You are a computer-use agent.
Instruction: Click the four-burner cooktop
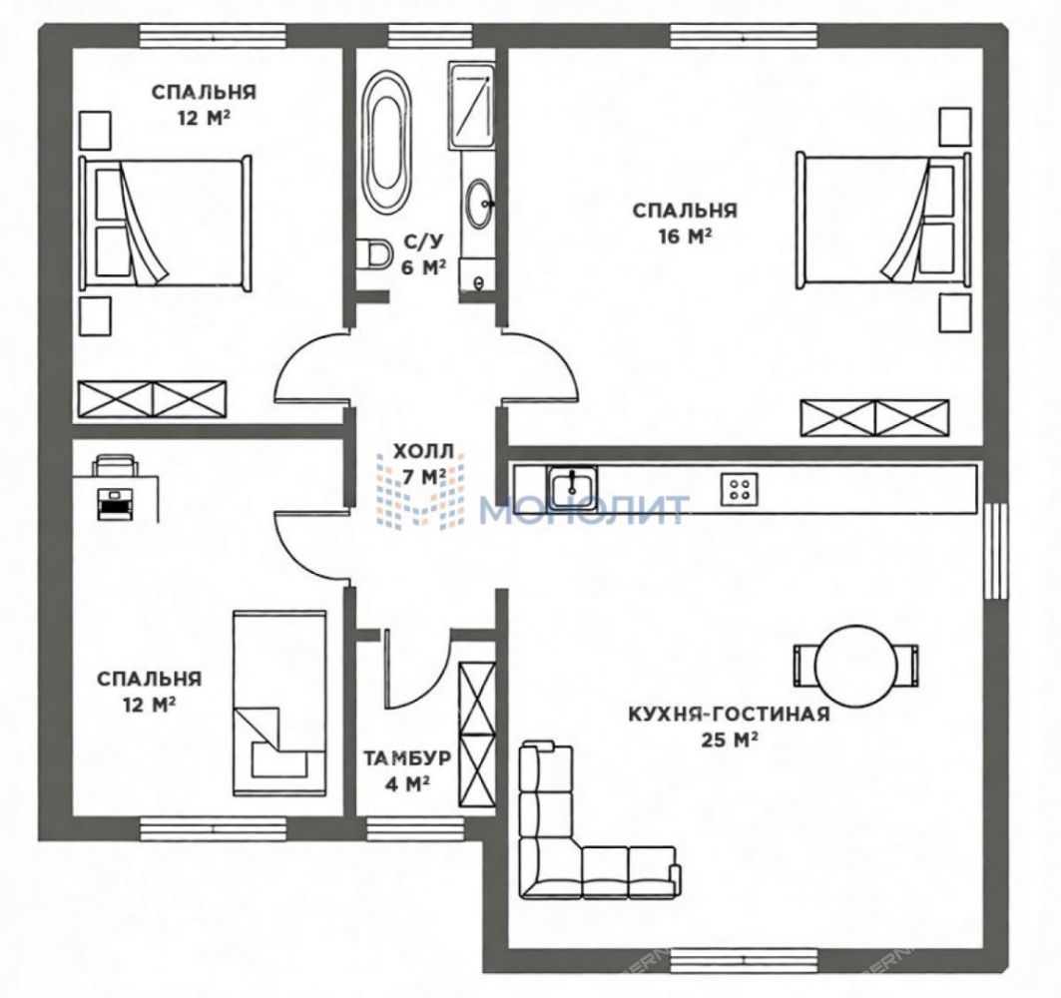tap(740, 488)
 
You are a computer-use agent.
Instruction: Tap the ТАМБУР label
tap(406, 757)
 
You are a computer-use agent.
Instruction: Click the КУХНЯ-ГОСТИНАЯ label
tap(729, 714)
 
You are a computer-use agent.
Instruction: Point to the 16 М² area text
tap(684, 237)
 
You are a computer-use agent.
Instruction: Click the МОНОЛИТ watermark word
tap(585, 510)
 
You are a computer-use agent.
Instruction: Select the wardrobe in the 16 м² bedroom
tap(875, 418)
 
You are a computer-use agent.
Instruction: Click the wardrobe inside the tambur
tap(476, 734)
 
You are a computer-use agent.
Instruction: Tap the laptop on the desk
tap(115, 503)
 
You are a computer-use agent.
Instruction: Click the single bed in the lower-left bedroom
tap(278, 704)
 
